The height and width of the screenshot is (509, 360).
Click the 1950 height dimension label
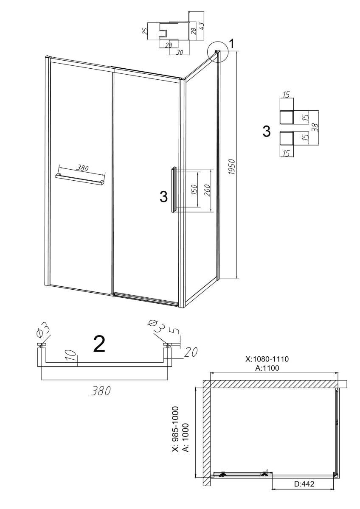point(232,167)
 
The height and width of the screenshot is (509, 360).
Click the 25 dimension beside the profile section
point(145,31)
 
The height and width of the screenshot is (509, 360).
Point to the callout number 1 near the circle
point(231,44)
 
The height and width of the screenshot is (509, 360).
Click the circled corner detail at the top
point(218,52)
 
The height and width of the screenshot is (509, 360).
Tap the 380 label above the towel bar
point(82,168)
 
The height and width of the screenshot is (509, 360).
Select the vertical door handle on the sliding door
point(174,190)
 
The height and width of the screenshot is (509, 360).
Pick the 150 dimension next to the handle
point(194,190)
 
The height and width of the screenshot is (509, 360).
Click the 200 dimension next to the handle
point(207,190)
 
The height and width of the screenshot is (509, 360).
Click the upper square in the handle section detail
point(287,117)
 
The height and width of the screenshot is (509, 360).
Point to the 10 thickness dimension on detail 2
point(71,355)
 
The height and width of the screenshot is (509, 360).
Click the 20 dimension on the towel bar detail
point(190,352)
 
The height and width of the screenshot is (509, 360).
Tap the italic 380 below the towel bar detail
point(101,391)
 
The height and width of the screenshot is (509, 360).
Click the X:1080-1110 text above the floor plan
point(267,359)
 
